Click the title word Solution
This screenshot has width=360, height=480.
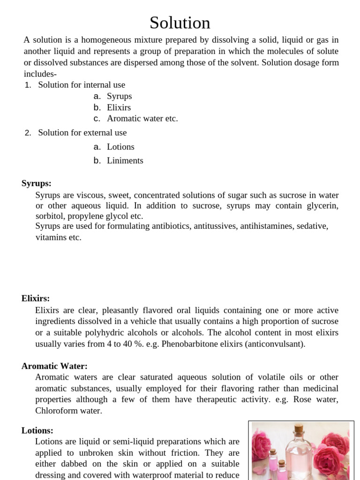[180, 23]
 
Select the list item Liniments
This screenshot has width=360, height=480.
[125, 160]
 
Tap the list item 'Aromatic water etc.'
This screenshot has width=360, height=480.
[142, 119]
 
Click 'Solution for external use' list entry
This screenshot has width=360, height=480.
[82, 133]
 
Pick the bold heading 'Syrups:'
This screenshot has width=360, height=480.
[37, 183]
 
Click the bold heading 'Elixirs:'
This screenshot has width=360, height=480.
[36, 299]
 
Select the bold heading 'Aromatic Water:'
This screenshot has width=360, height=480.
[54, 366]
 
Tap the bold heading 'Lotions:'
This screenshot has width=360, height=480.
[37, 430]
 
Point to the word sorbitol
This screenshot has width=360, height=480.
[50, 216]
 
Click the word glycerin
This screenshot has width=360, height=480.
[322, 206]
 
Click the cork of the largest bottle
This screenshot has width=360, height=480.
[298, 428]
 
